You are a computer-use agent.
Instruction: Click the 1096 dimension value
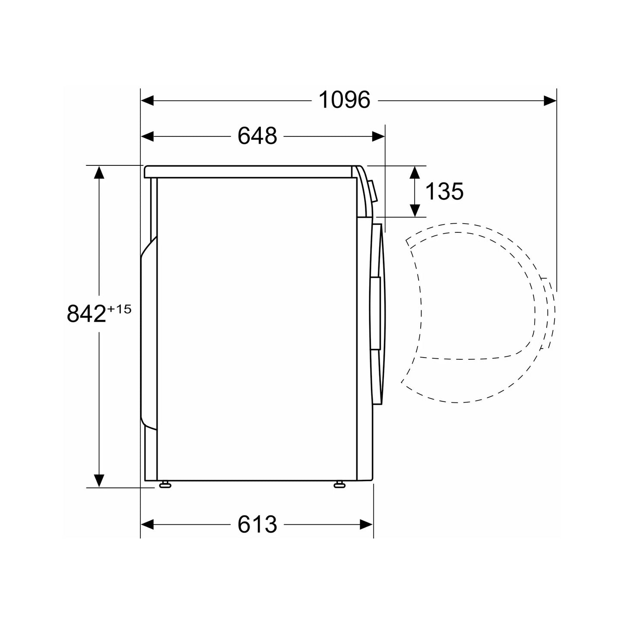click(344, 100)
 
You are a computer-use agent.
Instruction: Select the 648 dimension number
click(257, 136)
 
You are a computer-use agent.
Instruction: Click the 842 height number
click(86, 314)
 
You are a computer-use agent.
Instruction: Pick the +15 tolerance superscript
click(120, 309)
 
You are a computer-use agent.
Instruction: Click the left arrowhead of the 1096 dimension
click(147, 101)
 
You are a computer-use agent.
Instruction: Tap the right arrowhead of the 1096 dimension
click(550, 101)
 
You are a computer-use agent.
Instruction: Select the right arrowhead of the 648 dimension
click(379, 136)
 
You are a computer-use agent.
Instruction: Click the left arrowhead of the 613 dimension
click(147, 524)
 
